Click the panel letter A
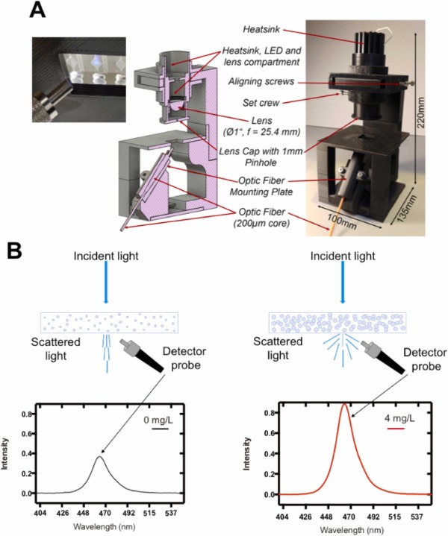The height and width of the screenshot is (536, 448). coord(35,11)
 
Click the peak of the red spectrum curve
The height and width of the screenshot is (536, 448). coord(343,405)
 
